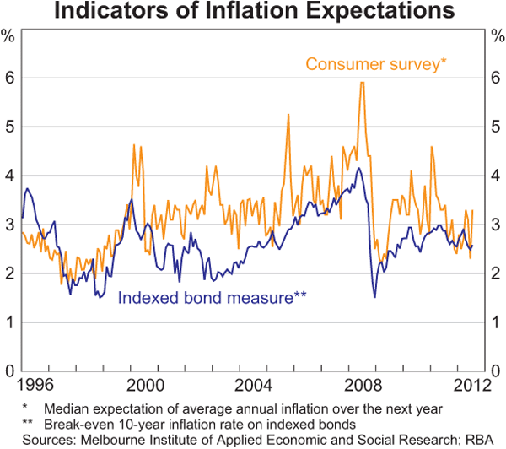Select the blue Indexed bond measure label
213,297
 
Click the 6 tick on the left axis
8,78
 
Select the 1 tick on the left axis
8,322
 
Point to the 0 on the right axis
498,371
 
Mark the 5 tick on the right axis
498,127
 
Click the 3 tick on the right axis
498,224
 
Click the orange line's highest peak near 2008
362,83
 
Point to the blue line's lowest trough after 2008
374,297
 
